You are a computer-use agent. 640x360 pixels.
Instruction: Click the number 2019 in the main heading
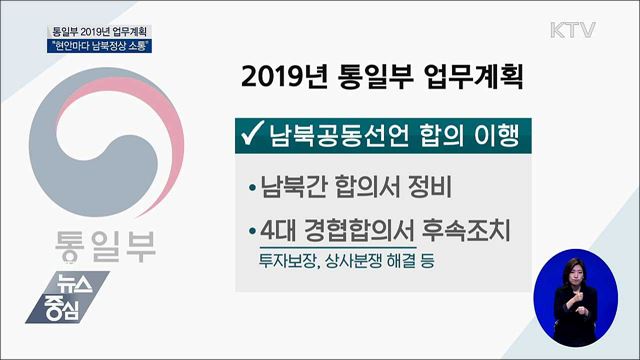coord(269,77)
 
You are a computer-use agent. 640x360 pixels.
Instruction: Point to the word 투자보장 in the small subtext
coord(283,262)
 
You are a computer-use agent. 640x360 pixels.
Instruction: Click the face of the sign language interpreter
coord(576,272)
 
